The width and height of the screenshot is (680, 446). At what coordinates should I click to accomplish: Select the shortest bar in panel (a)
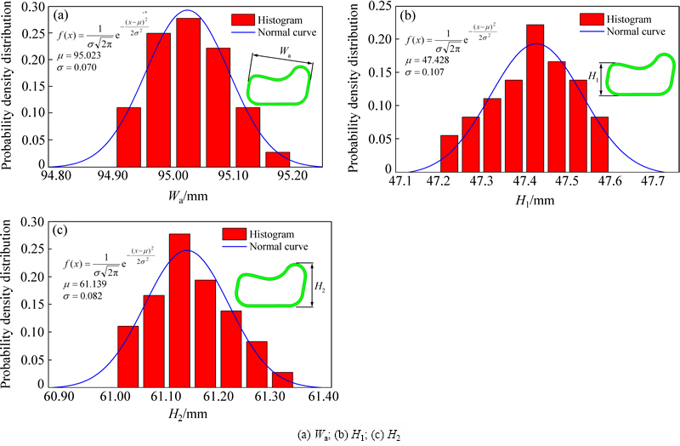coord(277,159)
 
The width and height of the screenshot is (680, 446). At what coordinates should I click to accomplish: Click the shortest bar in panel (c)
coord(281,379)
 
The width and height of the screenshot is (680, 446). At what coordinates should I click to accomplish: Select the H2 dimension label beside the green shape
coord(319,289)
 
